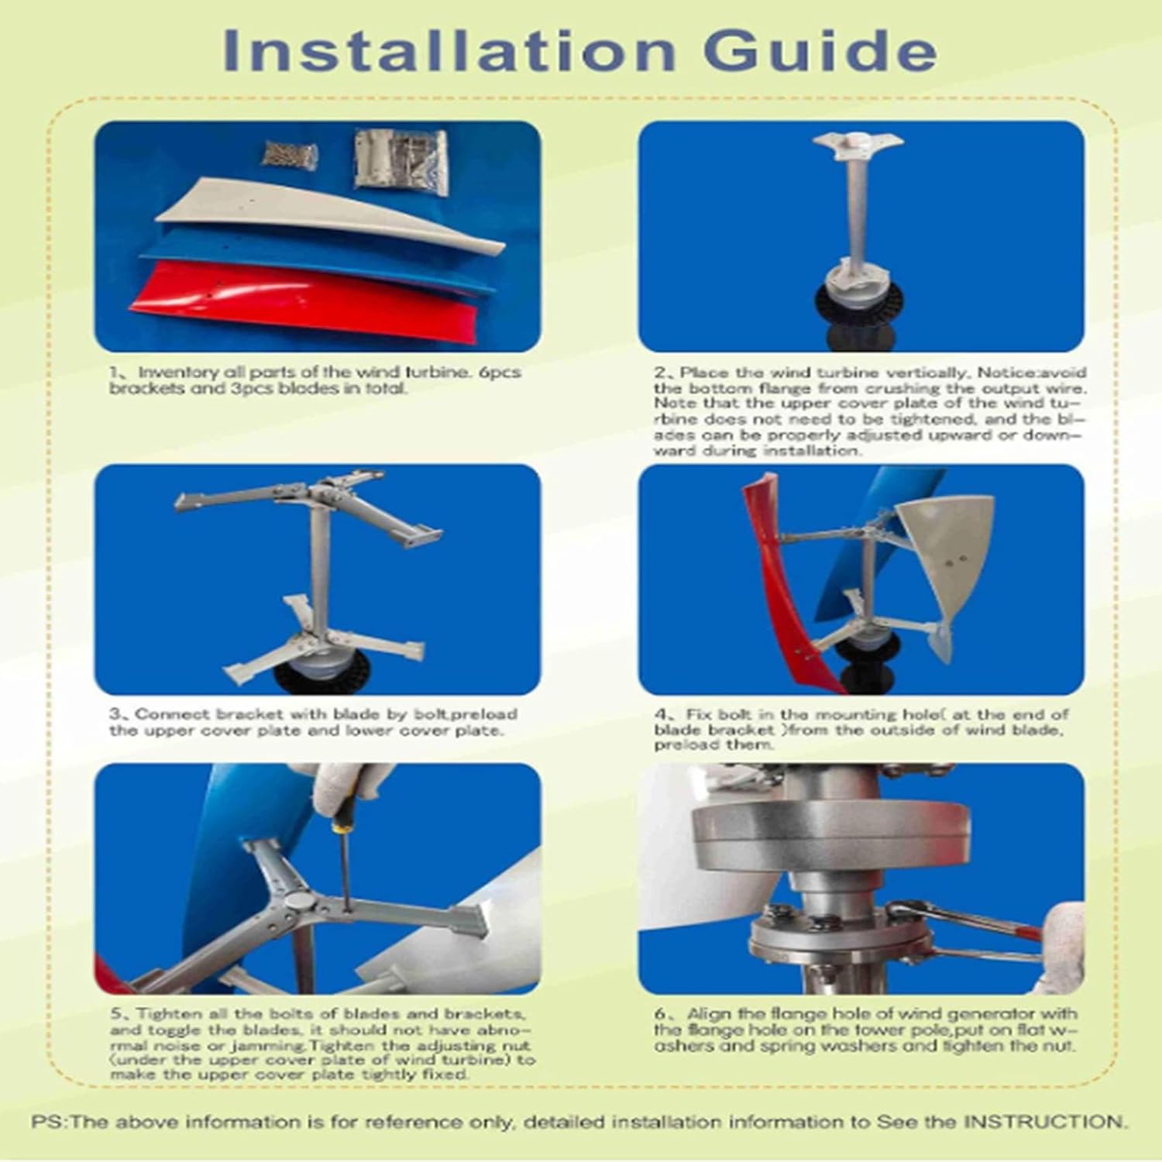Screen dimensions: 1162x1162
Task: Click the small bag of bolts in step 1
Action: [x=290, y=153]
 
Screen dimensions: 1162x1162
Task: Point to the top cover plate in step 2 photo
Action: [x=858, y=146]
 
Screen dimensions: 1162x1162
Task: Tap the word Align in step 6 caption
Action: [x=708, y=1014]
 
